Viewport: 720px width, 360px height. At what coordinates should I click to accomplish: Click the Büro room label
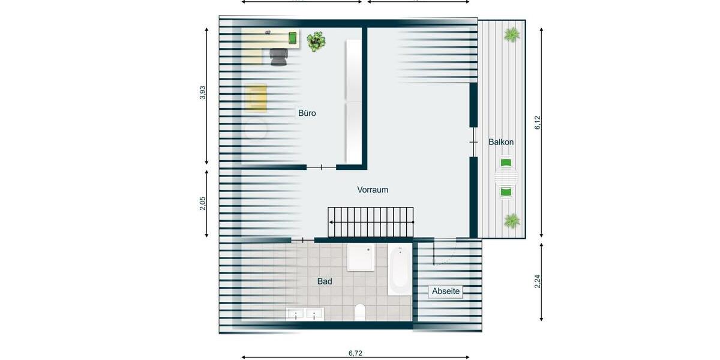click(x=307, y=113)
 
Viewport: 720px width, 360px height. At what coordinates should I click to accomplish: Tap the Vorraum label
click(x=373, y=190)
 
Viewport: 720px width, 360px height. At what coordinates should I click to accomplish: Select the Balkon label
click(x=501, y=142)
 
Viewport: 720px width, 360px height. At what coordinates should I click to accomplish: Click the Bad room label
click(x=325, y=281)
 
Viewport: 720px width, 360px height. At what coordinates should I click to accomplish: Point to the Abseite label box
click(x=446, y=292)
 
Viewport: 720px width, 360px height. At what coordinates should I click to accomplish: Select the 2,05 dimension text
click(x=203, y=204)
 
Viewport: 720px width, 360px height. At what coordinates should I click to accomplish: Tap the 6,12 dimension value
click(x=538, y=122)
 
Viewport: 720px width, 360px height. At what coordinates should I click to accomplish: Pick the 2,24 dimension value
click(x=538, y=281)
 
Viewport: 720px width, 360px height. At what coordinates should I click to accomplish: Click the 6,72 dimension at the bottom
click(x=355, y=353)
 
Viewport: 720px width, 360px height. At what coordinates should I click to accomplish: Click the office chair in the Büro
click(x=278, y=57)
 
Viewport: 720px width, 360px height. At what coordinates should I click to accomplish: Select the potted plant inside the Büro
click(x=316, y=41)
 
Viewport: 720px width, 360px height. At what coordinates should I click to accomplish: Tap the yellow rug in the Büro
click(x=256, y=98)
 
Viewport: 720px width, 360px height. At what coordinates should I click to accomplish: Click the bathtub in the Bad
click(x=400, y=269)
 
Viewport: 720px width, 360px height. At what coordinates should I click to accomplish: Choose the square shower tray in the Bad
click(x=361, y=257)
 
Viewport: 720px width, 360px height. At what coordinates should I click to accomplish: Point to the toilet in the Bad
click(x=360, y=312)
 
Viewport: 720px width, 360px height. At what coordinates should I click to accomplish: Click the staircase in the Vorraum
click(x=371, y=222)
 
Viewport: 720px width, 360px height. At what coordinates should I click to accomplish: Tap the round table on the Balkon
click(x=506, y=178)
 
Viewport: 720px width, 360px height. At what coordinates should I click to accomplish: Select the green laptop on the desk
click(x=293, y=38)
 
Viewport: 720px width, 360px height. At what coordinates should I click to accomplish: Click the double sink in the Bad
click(x=305, y=313)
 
